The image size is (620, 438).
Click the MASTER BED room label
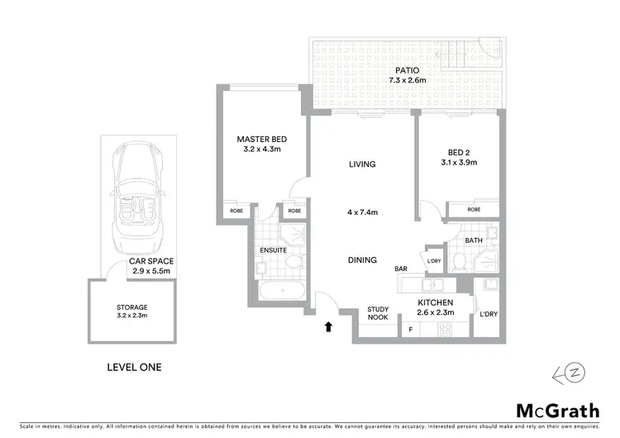[260, 139]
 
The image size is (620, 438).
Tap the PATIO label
[405, 70]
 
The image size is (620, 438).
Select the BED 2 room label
[460, 152]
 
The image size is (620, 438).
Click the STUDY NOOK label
[379, 315]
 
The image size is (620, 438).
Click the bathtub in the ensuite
[281, 291]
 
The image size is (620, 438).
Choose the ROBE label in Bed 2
[473, 210]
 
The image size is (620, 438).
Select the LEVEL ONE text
[135, 367]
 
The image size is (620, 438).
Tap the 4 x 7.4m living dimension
[362, 212]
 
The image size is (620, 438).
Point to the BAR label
[403, 269]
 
